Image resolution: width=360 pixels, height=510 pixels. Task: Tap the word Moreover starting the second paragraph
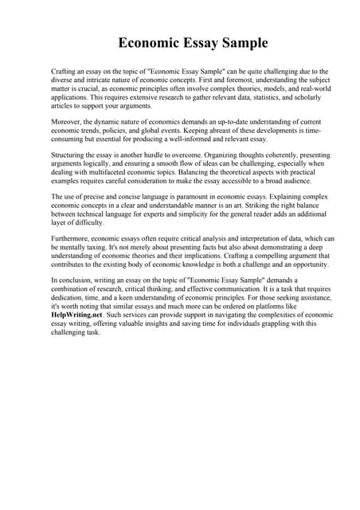pos(68,120)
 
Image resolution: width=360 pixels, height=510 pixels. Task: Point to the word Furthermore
pos(72,237)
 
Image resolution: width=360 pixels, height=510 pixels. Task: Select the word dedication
pos(68,299)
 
